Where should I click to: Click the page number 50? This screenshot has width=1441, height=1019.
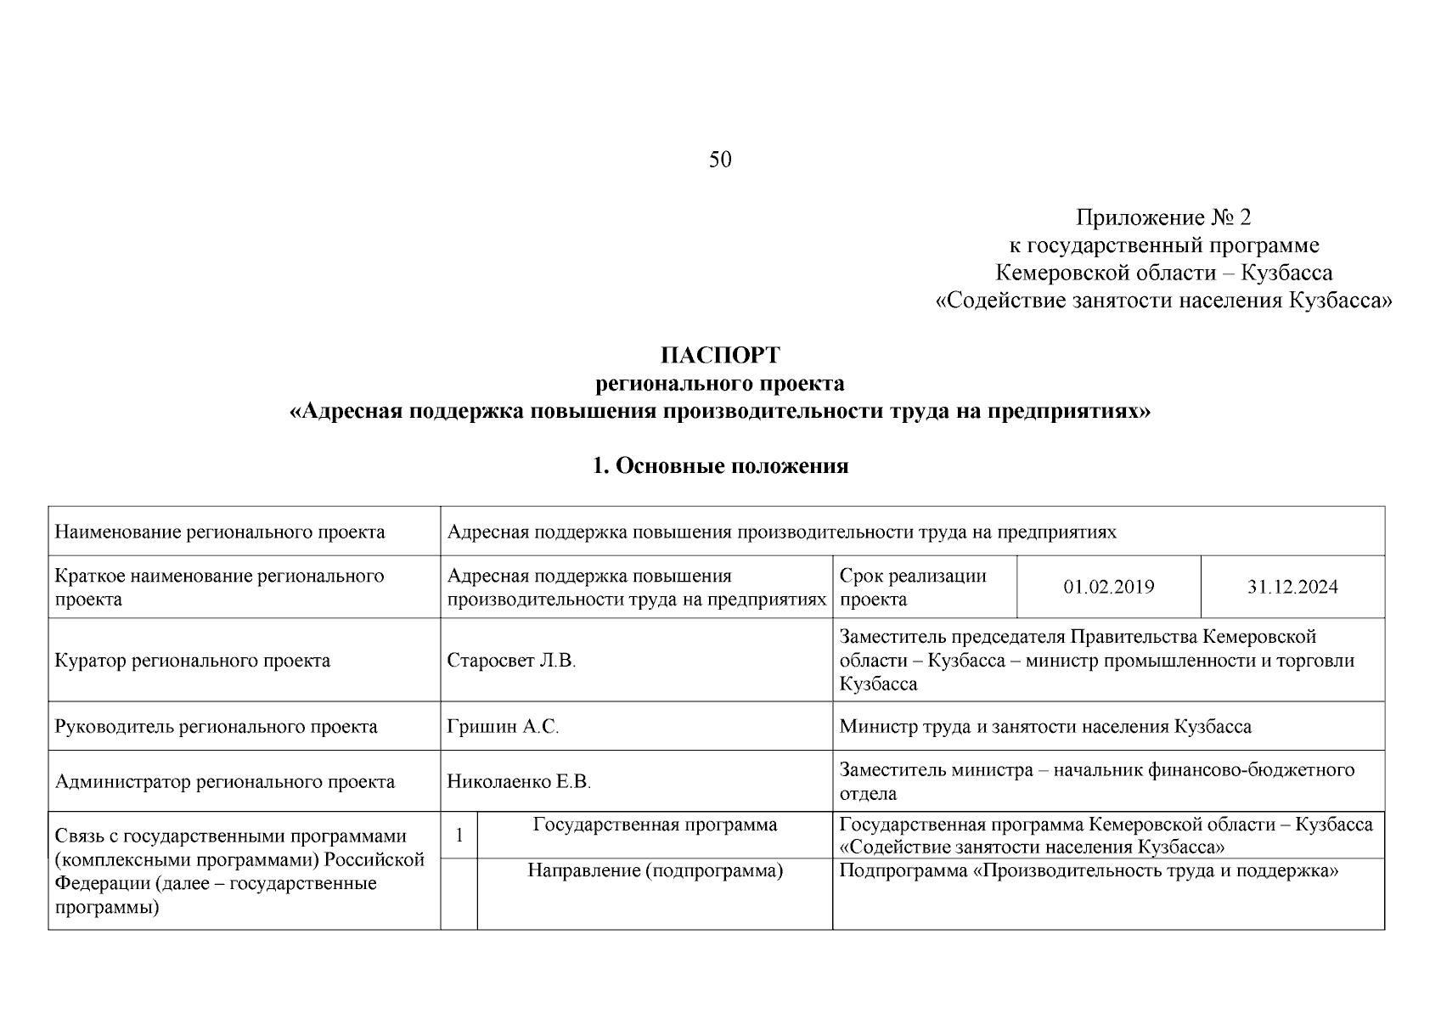(720, 160)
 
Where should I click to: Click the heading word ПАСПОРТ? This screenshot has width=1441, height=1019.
(720, 355)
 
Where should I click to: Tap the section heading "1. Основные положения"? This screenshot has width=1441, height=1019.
(720, 466)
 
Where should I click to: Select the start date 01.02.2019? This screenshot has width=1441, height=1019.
(1108, 588)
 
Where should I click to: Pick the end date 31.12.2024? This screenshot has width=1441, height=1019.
(1292, 588)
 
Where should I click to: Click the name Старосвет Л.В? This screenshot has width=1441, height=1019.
(511, 661)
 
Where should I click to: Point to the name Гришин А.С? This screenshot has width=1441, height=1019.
(503, 727)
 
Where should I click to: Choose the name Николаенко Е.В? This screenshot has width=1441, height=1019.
(519, 782)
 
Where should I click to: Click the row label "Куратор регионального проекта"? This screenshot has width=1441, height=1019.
(193, 661)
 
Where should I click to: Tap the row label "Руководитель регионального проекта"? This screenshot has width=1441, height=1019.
(217, 727)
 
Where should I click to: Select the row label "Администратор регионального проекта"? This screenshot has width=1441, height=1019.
(225, 782)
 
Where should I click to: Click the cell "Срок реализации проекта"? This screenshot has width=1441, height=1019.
(913, 588)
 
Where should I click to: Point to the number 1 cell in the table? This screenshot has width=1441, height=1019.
(459, 836)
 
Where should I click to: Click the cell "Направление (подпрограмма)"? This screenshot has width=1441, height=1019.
(655, 871)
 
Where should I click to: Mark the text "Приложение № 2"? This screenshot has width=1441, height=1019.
(1163, 218)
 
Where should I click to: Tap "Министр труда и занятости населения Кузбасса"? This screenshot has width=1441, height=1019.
(1045, 727)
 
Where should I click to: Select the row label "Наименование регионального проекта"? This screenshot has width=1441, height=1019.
(220, 532)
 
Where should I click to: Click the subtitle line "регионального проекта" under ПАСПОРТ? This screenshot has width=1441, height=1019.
(720, 384)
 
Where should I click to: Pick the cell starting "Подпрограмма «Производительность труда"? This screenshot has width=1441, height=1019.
(1089, 871)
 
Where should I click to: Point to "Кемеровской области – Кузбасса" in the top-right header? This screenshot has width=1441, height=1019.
(1163, 273)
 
